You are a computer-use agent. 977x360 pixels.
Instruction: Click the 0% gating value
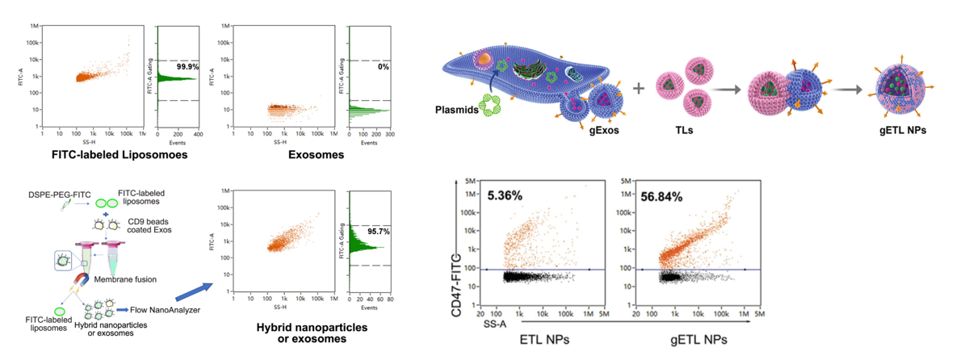384,67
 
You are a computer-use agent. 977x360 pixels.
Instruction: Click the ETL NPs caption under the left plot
540,340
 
